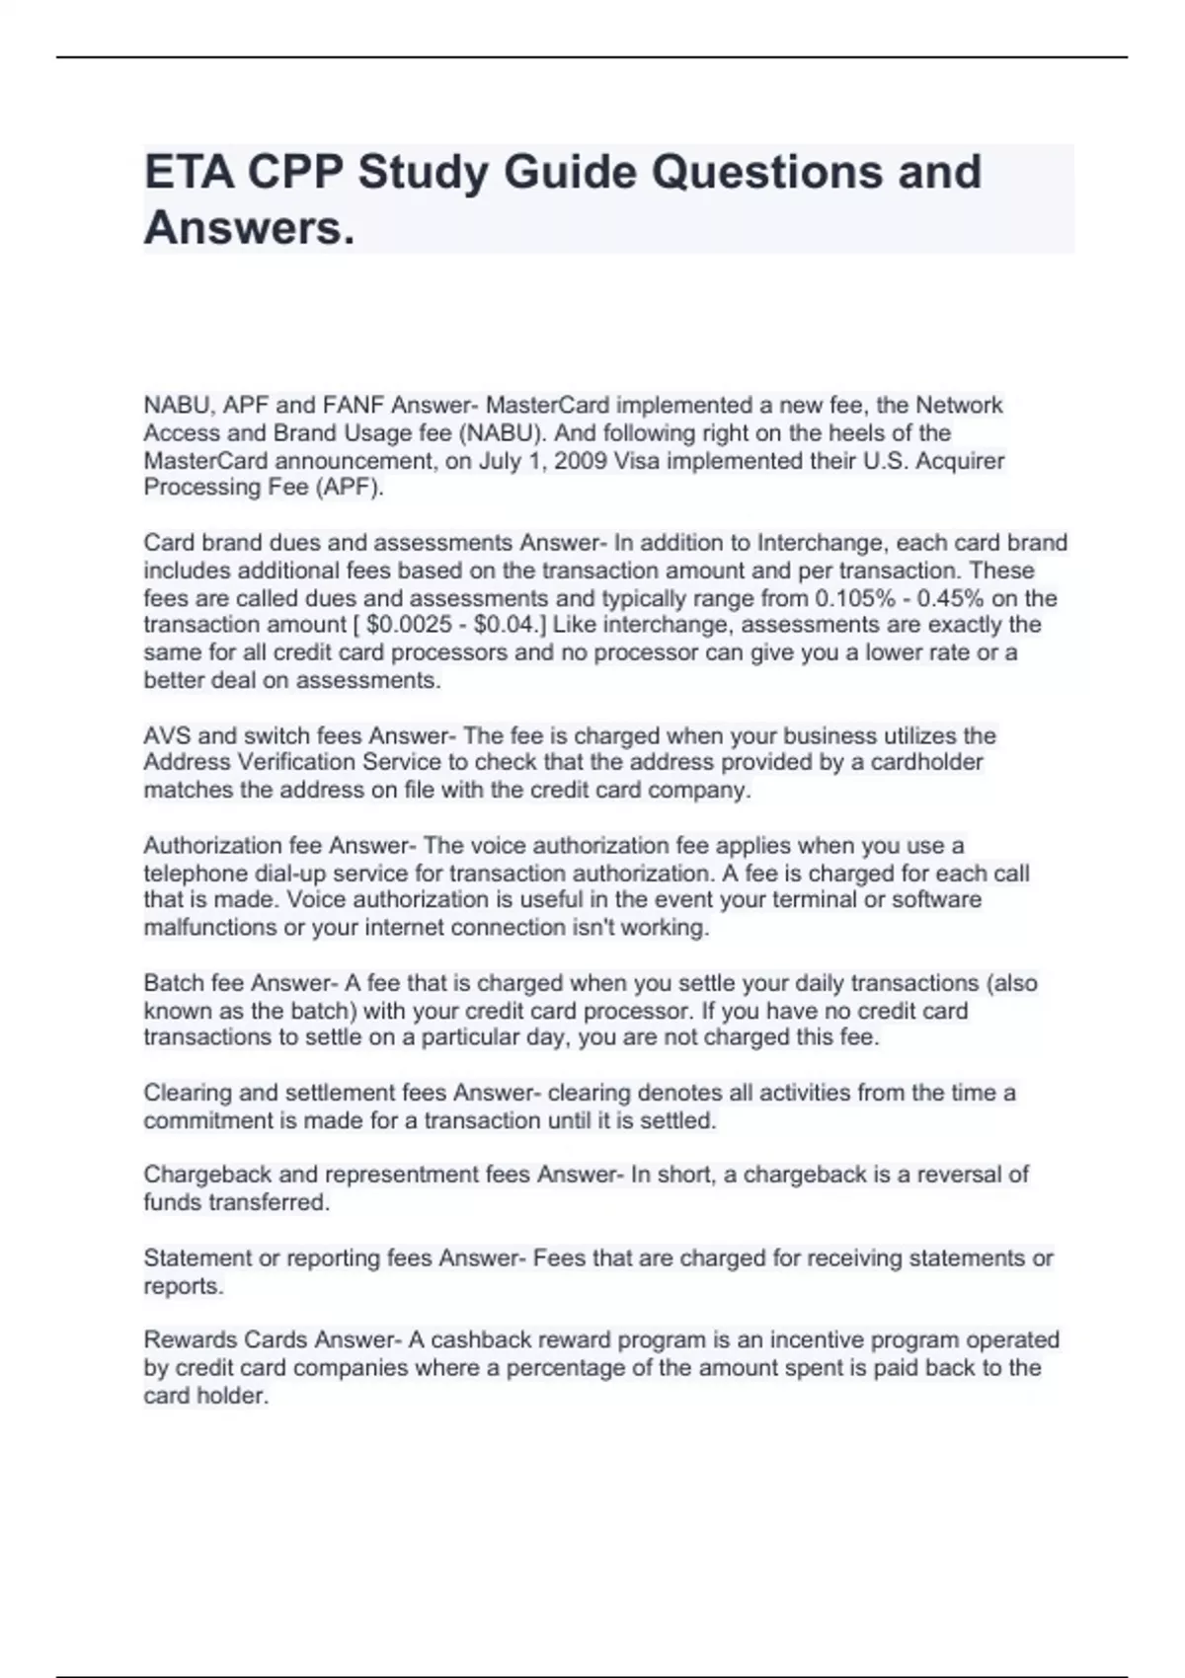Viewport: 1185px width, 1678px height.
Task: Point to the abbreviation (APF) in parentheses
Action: tap(348, 488)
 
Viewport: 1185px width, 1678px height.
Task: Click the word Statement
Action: tap(197, 1258)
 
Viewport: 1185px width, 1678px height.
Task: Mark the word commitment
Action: tap(204, 1121)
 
